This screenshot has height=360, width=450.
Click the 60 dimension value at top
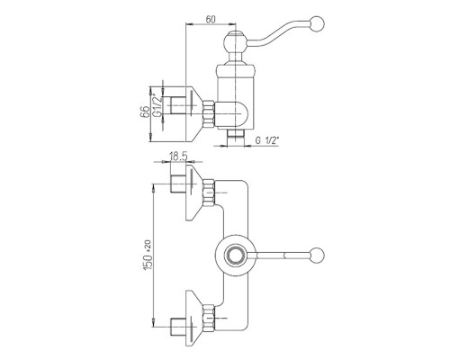211,19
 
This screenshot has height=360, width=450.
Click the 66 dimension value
145,112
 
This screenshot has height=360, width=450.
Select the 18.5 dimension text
178,157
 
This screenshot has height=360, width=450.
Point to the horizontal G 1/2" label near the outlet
267,140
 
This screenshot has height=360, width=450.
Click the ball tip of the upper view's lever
318,23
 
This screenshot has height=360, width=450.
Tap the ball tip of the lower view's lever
318,255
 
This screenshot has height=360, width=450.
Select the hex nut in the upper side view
209,113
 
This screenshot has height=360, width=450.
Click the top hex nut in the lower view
209,193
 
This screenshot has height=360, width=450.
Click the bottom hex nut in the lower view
209,319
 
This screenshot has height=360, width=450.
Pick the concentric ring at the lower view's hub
236,255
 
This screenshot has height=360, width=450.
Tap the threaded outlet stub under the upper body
235,139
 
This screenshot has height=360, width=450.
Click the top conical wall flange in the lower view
194,193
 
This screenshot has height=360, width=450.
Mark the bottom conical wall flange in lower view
194,318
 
